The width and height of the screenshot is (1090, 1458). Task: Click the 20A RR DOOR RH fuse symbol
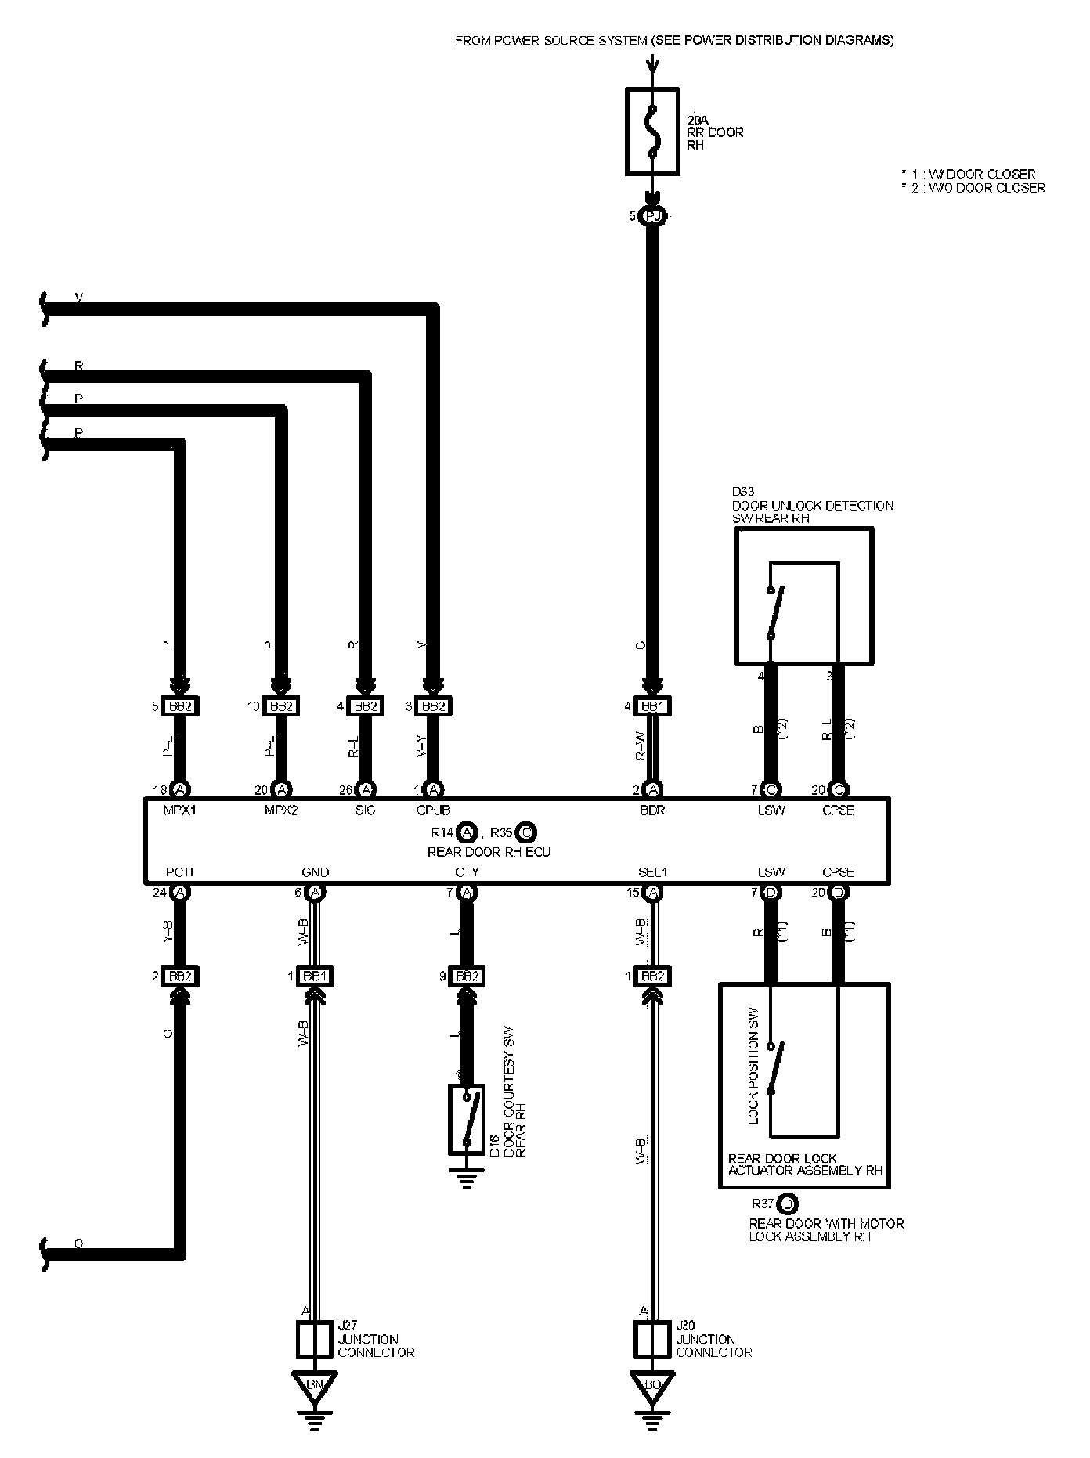click(653, 131)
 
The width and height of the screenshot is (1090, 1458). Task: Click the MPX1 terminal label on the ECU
click(179, 810)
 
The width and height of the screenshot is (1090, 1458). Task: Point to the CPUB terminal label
click(433, 810)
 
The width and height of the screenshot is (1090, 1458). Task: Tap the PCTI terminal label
click(179, 872)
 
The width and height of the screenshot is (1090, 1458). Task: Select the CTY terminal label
click(467, 872)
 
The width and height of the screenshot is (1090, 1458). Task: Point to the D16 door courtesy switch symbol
click(467, 1119)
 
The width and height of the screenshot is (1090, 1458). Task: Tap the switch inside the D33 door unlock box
click(774, 612)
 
